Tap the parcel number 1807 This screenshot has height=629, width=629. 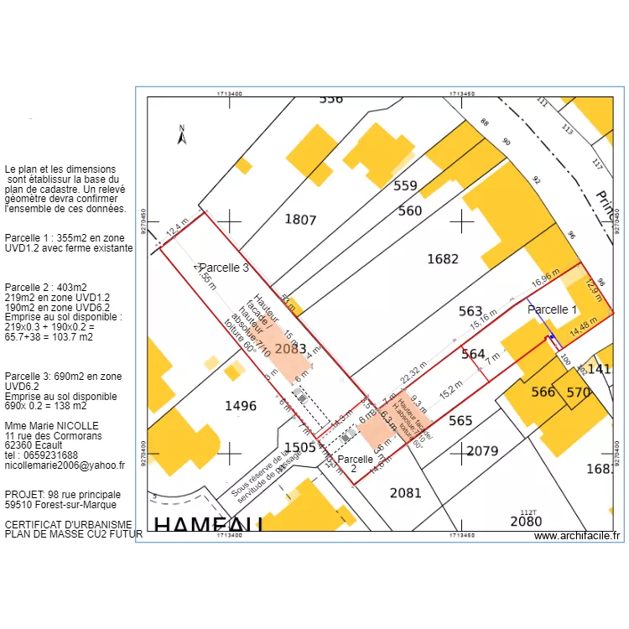click(300, 220)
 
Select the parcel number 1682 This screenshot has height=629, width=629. click(443, 258)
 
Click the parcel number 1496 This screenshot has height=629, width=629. click(241, 406)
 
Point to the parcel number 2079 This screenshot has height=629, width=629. click(482, 451)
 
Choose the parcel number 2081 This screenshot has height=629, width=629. click(405, 492)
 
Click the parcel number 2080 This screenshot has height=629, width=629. click(526, 521)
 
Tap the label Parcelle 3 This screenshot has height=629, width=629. click(224, 268)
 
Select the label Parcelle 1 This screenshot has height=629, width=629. click(552, 309)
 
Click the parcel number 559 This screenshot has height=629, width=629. click(406, 186)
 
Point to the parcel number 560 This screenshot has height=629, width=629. click(410, 211)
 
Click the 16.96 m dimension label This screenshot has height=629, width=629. click(545, 278)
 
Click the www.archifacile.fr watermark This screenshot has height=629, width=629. click(576, 536)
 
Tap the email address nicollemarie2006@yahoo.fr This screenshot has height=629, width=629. click(65, 465)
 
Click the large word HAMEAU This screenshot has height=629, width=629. click(209, 524)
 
